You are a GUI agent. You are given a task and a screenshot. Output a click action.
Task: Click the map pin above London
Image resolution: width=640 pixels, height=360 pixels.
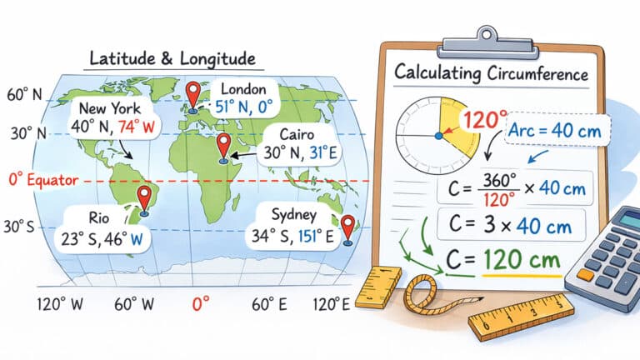[193, 93]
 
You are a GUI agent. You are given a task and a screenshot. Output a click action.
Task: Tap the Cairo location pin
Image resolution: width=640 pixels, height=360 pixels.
[223, 145]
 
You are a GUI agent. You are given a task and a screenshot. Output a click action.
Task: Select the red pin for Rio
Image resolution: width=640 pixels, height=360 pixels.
[144, 197]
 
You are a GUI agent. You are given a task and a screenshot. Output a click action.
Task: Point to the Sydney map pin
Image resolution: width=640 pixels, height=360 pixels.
[348, 225]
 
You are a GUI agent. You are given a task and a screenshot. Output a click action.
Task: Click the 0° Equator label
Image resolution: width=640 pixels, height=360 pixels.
[42, 180]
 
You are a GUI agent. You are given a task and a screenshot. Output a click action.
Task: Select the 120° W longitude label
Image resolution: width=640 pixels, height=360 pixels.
[60, 304]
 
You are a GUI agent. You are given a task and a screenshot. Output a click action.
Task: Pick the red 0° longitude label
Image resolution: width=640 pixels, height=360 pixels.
[200, 304]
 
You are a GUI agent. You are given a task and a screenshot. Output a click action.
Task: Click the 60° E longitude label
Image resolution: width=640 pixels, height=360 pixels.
[268, 304]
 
